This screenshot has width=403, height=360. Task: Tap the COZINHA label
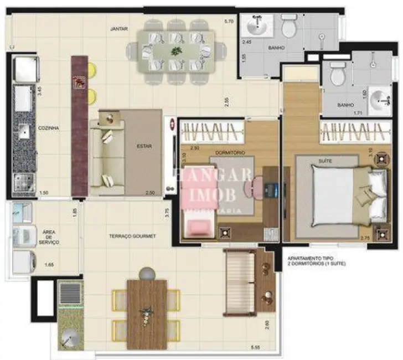coord(48,128)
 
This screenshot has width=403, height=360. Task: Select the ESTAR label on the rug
coord(144,147)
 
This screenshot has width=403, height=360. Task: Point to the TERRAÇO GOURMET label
coord(132,236)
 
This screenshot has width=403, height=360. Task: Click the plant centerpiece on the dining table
coord(177,52)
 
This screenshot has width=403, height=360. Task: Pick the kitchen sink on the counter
coord(23,132)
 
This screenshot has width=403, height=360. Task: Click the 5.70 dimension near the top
coord(229,22)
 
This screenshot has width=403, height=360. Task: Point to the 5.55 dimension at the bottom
coord(256,347)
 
